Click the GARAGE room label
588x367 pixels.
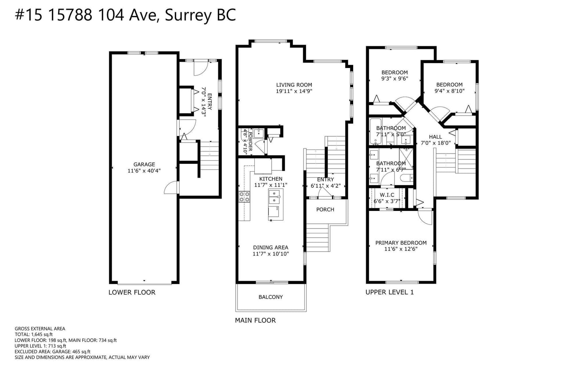144,165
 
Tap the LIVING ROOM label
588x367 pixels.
294,85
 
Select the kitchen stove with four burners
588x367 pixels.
244,197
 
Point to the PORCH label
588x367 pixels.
325,210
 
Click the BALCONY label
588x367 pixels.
270,297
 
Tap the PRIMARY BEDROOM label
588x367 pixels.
401,243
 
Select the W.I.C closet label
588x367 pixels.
387,195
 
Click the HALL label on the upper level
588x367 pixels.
435,137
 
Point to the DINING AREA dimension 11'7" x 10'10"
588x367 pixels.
270,254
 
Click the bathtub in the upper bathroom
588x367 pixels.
375,132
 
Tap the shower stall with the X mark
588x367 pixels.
406,158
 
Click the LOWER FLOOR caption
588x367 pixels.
132,292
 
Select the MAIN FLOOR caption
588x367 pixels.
255,320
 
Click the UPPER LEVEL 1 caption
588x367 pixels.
390,292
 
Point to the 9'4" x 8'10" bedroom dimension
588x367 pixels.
449,91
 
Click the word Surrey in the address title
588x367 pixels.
188,15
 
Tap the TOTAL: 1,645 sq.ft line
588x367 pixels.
33,334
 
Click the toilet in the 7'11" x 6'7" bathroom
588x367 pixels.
406,178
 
